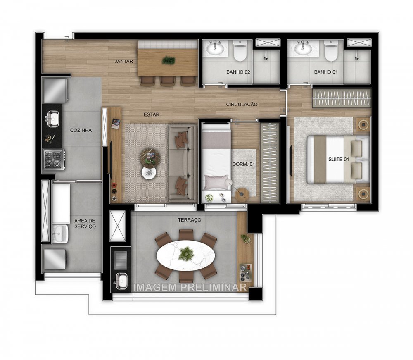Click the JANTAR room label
124,61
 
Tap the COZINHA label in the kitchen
81,130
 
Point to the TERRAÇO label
190,220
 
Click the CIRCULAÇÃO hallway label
242,105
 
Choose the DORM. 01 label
244,164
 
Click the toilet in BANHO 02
240,51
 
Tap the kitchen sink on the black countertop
52,120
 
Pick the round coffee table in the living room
150,157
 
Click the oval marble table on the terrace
186,256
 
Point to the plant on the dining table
168,60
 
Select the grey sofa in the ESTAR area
182,162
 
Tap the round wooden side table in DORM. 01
242,193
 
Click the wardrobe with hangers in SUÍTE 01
341,98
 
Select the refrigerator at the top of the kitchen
55,90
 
